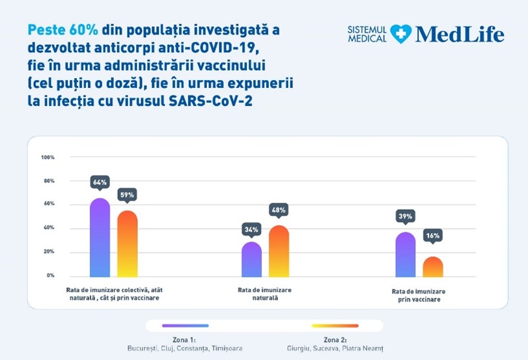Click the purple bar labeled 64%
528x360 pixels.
point(100,238)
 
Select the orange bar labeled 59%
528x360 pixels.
point(128,244)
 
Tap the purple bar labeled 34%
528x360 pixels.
point(251,259)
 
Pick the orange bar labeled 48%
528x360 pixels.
point(279,251)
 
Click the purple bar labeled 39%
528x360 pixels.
point(406,255)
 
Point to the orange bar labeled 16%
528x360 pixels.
point(433,267)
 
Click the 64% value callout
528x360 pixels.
point(100,182)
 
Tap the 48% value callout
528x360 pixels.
point(279,210)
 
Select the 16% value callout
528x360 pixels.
point(433,236)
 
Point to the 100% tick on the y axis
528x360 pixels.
point(48,158)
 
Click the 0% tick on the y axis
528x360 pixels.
point(51,275)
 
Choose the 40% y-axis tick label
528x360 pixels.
point(49,228)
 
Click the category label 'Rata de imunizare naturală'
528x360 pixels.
point(265,294)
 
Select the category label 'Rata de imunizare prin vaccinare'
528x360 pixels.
point(419,296)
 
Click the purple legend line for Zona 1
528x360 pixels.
point(186,325)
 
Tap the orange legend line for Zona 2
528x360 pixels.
point(335,325)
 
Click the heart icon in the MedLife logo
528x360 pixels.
point(400,34)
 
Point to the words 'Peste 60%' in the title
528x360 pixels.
point(63,30)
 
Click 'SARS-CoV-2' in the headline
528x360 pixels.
point(210,101)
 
